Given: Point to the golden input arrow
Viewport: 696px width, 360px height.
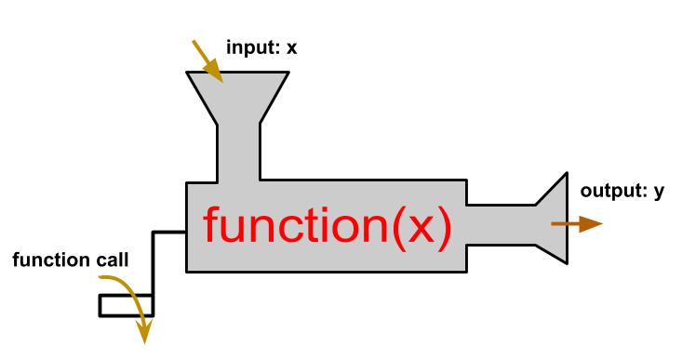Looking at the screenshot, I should pos(207,58).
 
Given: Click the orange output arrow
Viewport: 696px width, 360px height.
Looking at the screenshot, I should pos(576,224).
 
